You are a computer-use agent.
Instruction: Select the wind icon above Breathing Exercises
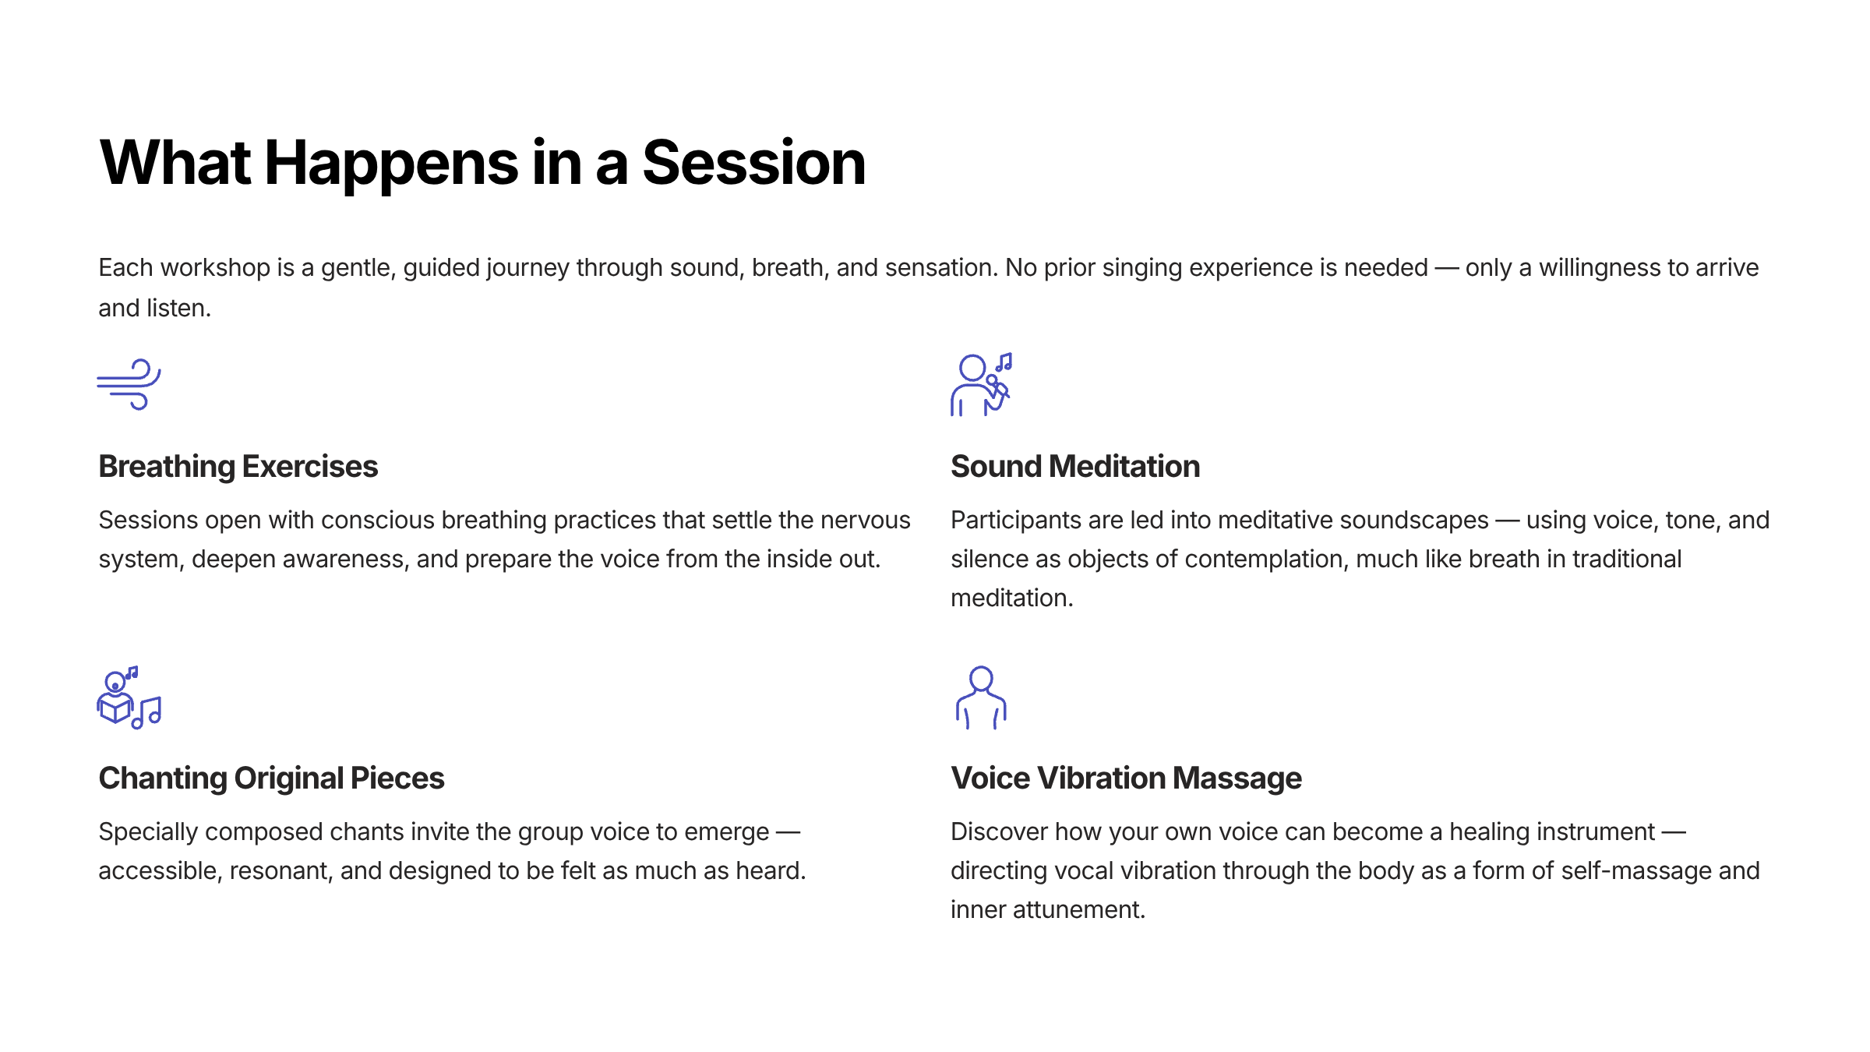click(x=129, y=384)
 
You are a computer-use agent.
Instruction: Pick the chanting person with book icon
click(x=129, y=697)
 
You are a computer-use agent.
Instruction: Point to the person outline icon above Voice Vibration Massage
click(x=981, y=697)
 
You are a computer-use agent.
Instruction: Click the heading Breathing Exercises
click(x=238, y=466)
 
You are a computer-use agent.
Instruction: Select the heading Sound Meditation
click(x=1075, y=466)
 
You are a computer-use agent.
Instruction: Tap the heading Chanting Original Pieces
click(x=271, y=778)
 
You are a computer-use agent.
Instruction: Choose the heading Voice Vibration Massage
click(x=1126, y=778)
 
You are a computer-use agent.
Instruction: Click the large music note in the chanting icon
click(x=146, y=713)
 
